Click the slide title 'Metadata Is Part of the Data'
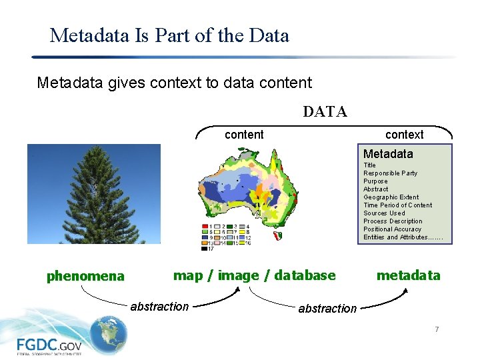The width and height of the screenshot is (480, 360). click(169, 35)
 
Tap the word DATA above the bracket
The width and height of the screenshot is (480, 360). click(325, 111)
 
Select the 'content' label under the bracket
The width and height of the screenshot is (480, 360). click(244, 135)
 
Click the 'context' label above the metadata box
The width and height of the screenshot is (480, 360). click(404, 135)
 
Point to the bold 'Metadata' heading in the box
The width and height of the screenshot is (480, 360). click(388, 154)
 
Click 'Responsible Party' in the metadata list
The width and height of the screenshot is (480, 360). click(390, 173)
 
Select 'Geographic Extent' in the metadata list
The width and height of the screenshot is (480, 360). click(391, 197)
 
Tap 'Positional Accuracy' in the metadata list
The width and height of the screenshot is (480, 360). click(392, 229)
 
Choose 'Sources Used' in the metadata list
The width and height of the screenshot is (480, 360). click(384, 213)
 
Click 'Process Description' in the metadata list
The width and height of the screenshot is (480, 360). click(393, 221)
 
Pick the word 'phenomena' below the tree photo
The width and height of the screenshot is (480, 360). click(85, 276)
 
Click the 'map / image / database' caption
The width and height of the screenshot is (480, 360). click(255, 275)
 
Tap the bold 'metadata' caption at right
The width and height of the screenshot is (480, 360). click(408, 275)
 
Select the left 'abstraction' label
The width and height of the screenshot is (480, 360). click(159, 307)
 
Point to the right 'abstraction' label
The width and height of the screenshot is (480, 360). click(327, 309)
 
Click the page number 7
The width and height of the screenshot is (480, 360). click(437, 329)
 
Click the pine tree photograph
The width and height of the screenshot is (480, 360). click(94, 194)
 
